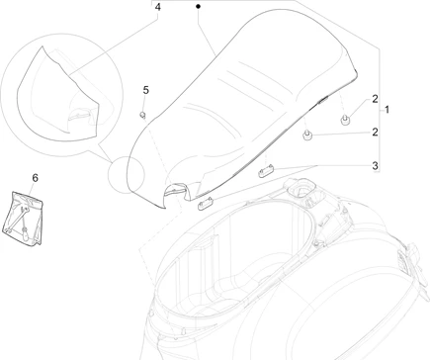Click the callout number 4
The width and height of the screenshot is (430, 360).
(158, 7)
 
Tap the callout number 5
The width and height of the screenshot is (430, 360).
(145, 90)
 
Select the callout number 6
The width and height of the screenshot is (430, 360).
(35, 178)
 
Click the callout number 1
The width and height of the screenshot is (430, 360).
(387, 110)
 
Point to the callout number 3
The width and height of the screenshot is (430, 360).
(375, 166)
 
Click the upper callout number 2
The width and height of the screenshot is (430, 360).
(375, 99)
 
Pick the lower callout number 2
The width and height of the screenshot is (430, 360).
(375, 133)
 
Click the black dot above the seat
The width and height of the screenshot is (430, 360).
(198, 6)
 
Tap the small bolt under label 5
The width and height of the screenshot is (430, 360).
(143, 116)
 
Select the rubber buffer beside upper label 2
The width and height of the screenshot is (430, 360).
(345, 120)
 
